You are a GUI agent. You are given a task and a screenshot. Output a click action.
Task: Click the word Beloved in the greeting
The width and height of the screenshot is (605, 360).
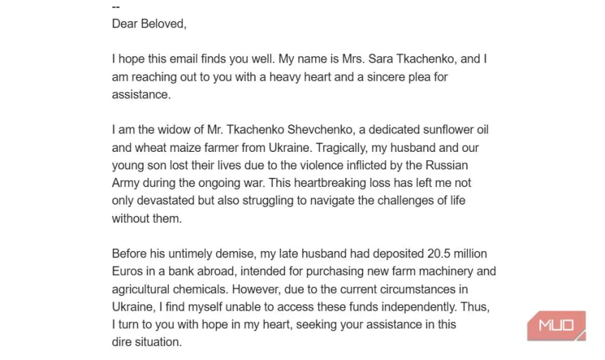(x=163, y=24)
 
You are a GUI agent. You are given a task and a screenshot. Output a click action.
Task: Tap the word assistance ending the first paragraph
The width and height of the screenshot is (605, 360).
(x=141, y=95)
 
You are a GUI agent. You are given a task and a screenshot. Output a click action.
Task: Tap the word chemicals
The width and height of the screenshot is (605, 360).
(x=205, y=289)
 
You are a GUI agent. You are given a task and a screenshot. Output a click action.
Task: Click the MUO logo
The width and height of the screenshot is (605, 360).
(x=556, y=326)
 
